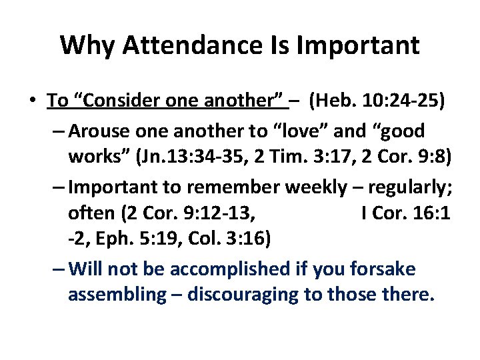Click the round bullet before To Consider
click(32, 101)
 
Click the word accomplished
click(227, 269)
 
